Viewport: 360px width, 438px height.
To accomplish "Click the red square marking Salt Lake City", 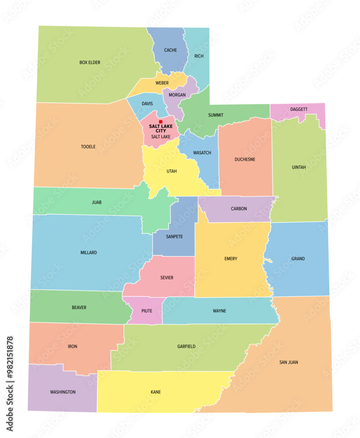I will pyautogui.click(x=160, y=122).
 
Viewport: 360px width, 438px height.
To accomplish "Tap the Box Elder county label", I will pyautogui.click(x=90, y=63).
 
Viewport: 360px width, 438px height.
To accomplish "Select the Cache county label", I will pyautogui.click(x=171, y=50).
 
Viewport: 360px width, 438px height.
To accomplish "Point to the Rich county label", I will pyautogui.click(x=199, y=56).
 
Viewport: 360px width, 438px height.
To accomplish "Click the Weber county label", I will pyautogui.click(x=162, y=83).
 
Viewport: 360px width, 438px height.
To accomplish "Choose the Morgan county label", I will pyautogui.click(x=178, y=95).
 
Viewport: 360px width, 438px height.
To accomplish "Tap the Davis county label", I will pyautogui.click(x=147, y=104).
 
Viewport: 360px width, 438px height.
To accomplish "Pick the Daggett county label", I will pyautogui.click(x=299, y=109).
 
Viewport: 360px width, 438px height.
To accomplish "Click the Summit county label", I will pyautogui.click(x=216, y=115).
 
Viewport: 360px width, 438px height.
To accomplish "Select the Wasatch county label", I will pyautogui.click(x=202, y=153).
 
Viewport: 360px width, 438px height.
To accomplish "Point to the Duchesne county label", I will pyautogui.click(x=245, y=159).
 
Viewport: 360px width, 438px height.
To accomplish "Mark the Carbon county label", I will pyautogui.click(x=239, y=209).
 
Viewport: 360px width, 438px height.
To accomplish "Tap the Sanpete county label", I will pyautogui.click(x=175, y=237).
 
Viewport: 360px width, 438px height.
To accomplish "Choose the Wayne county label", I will pyautogui.click(x=220, y=311).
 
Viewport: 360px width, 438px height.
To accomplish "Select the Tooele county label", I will pyautogui.click(x=88, y=147).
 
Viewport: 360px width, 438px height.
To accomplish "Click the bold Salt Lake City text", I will pyautogui.click(x=160, y=128).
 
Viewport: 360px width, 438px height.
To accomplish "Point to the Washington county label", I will pyautogui.click(x=63, y=392).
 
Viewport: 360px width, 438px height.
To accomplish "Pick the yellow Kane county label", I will pyautogui.click(x=156, y=392).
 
